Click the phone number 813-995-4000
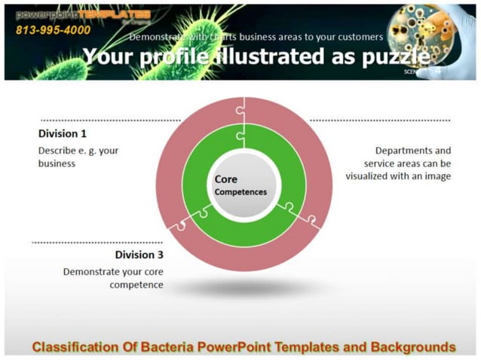point(53,30)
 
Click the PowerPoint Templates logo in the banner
point(83,15)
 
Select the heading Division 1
point(63,133)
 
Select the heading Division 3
point(139,255)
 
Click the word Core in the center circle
point(226,179)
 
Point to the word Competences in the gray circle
point(240,192)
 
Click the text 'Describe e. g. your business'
point(78,157)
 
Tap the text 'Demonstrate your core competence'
point(113,278)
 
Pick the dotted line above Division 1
point(110,120)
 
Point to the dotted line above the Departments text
point(380,120)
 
